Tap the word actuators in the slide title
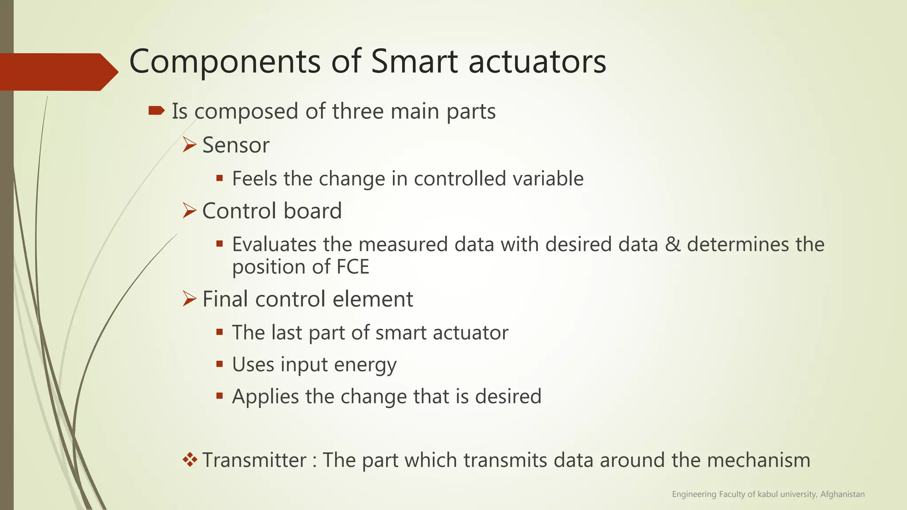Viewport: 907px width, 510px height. click(537, 62)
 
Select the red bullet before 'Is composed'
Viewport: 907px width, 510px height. click(156, 111)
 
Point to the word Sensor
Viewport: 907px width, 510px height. click(236, 145)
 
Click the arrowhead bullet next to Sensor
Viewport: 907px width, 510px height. click(190, 145)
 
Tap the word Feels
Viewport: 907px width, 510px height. click(254, 179)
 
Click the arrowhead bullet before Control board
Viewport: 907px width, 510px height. click(190, 211)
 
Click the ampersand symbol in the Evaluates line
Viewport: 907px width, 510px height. click(672, 244)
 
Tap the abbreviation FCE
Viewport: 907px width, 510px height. click(353, 267)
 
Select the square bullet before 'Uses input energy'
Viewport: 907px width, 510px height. click(219, 364)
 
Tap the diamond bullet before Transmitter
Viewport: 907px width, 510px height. click(190, 460)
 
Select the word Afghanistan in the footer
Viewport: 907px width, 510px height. click(842, 494)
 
